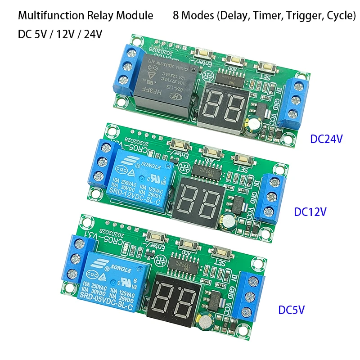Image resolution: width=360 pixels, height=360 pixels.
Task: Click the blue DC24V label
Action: click(327, 139)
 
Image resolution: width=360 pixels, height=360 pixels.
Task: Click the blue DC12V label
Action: click(310, 212)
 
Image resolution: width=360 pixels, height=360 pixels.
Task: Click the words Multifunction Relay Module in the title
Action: click(85, 16)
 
